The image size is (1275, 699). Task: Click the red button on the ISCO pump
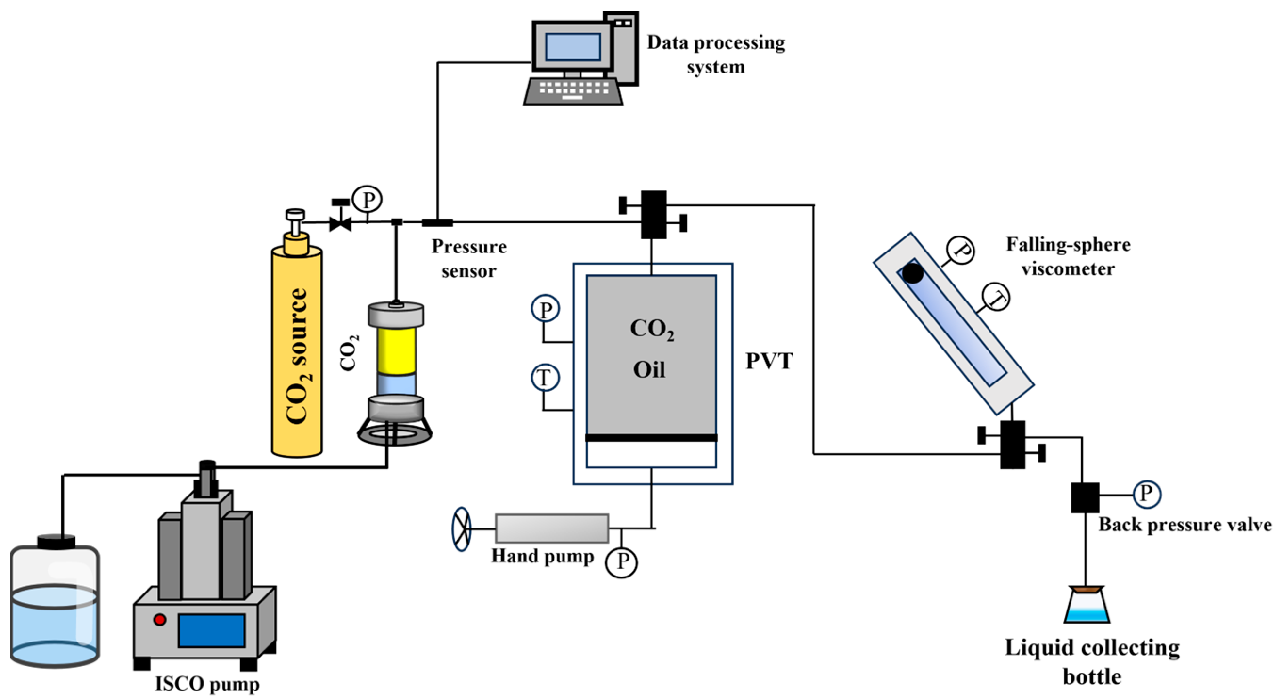click(160, 619)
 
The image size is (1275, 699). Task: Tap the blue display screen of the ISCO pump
click(212, 630)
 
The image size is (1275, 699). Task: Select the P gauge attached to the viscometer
click(961, 250)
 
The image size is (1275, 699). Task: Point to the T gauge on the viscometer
click(996, 297)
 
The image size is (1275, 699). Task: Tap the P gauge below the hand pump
click(621, 562)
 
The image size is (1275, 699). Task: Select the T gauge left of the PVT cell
click(545, 378)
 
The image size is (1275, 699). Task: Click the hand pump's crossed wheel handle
click(461, 529)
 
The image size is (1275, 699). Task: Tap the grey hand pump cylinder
click(552, 528)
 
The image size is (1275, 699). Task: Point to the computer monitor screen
click(572, 47)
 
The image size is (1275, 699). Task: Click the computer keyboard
click(573, 91)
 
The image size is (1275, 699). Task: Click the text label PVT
click(769, 361)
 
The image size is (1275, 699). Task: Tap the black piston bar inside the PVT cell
click(651, 437)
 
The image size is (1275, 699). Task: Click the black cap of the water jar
click(57, 541)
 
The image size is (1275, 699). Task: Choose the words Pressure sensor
click(469, 258)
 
